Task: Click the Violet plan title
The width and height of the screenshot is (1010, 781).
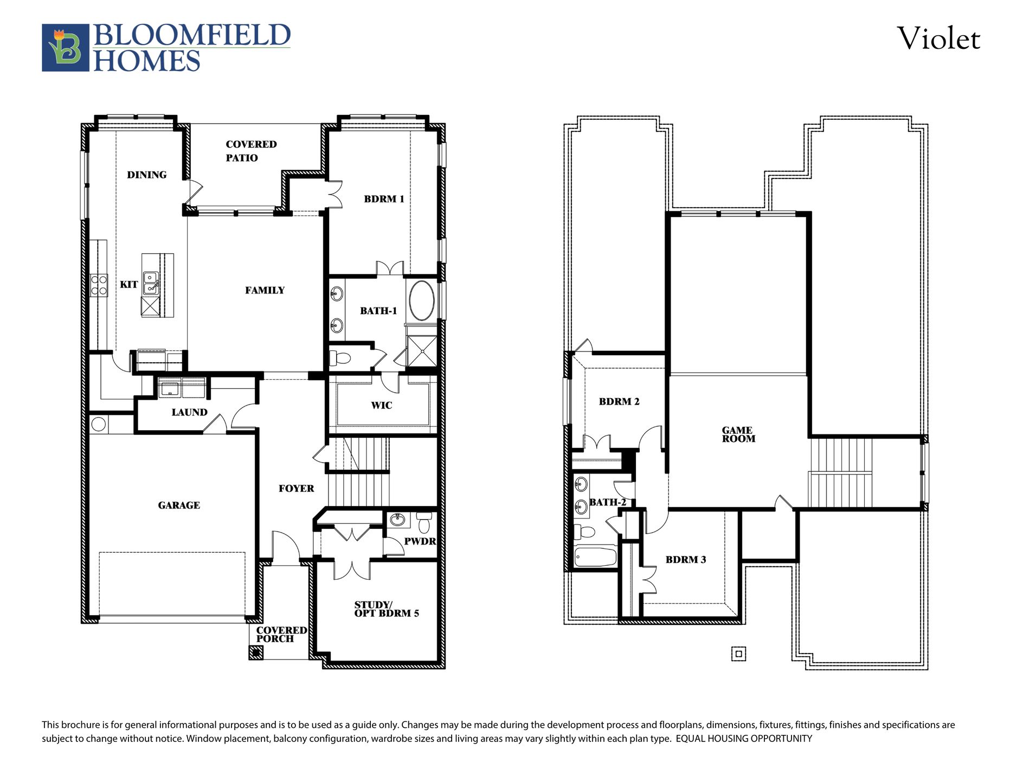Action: point(938,39)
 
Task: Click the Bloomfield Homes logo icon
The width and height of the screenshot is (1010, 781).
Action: point(65,48)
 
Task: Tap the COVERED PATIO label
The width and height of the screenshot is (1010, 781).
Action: point(250,151)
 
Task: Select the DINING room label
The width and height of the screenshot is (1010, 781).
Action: point(146,175)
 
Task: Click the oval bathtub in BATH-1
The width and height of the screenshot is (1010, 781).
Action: point(421,300)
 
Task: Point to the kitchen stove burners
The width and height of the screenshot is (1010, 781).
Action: point(99,285)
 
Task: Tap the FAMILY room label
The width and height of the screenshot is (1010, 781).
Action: point(265,290)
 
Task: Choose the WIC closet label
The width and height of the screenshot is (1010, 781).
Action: point(381,405)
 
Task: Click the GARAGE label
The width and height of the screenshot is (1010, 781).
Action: point(179,505)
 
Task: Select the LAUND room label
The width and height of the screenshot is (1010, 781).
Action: point(189,412)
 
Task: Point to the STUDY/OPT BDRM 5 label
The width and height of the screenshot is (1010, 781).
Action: point(387,609)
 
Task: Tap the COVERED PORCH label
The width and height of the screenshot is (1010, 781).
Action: point(281,635)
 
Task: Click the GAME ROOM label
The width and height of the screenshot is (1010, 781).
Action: point(738,434)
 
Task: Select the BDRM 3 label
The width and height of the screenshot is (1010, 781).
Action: point(685,560)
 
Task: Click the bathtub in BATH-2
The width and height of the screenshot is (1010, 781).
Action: point(595,557)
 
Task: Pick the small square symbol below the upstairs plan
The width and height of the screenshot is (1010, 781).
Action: point(738,654)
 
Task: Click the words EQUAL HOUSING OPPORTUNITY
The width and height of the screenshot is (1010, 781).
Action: point(743,739)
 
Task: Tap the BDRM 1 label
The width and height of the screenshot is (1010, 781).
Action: point(384,199)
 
